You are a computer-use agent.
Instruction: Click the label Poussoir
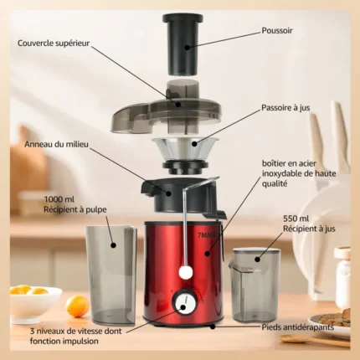pos(277,30)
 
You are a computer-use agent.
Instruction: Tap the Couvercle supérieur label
pos(54,44)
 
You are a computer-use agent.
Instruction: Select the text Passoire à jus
pos(285,108)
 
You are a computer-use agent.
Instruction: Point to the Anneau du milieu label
pos(56,144)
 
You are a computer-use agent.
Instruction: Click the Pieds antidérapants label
pos(298,327)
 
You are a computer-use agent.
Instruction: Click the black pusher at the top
pos(183,44)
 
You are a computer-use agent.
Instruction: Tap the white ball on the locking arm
pos(186,272)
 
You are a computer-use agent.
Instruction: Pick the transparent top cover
pos(167,111)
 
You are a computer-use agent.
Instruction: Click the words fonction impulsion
pos(64,341)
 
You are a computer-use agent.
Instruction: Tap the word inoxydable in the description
pos(282,173)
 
